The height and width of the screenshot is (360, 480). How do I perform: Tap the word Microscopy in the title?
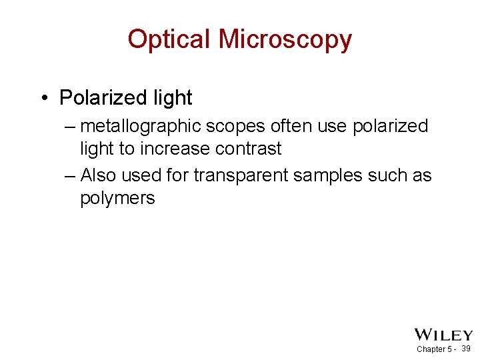tap(285, 41)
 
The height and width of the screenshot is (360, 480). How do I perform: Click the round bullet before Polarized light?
tap(43, 99)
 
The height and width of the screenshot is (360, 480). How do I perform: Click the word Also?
tap(98, 175)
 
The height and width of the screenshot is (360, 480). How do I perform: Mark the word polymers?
tap(117, 199)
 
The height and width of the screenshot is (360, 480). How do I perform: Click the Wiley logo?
tap(443, 335)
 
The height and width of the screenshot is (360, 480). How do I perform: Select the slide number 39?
tap(466, 349)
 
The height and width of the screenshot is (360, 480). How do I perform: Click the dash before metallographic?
tap(71, 127)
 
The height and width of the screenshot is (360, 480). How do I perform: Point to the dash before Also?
tap(71, 175)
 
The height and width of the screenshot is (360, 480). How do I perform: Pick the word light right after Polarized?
tap(172, 98)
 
